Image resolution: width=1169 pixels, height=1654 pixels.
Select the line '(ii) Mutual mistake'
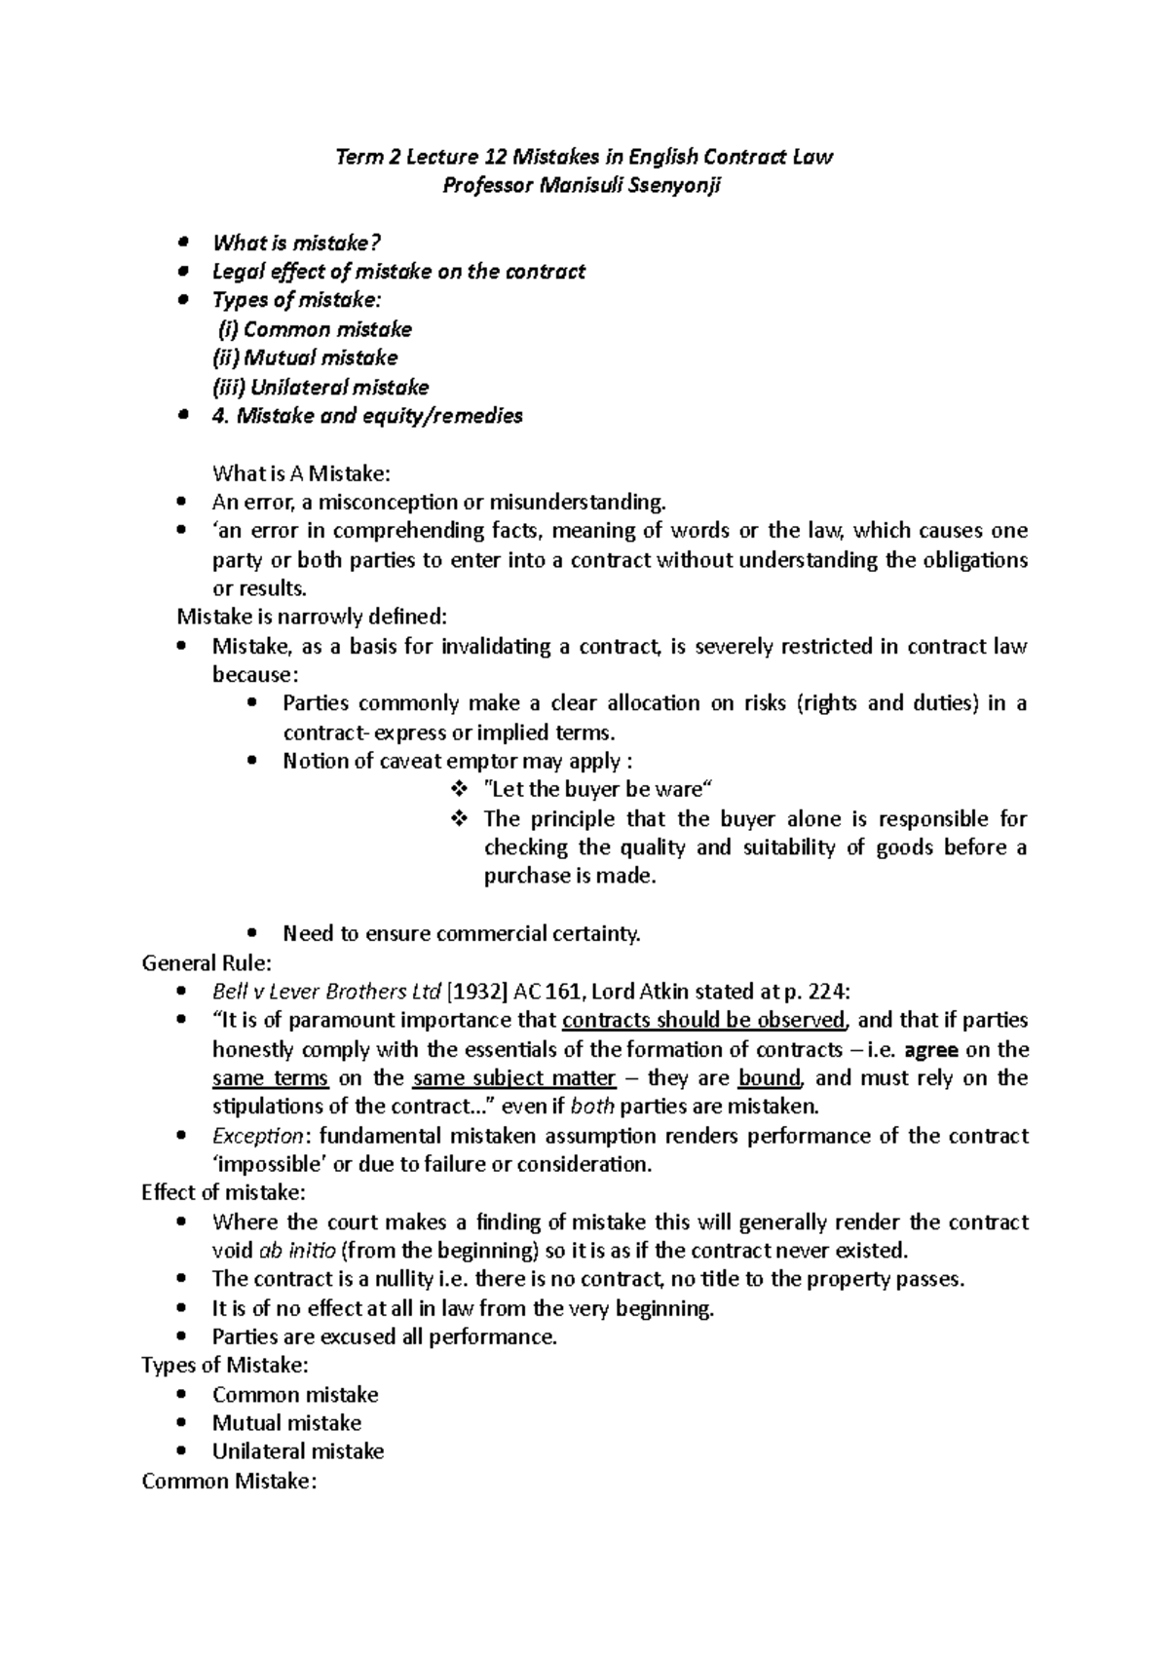[x=305, y=357]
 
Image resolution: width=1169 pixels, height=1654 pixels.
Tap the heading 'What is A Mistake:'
[x=301, y=473]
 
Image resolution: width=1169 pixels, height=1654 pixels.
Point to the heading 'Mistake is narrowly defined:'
[x=312, y=617]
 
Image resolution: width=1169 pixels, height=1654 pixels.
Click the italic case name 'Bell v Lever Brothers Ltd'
[x=326, y=992]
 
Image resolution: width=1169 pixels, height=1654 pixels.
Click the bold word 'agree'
[x=932, y=1049]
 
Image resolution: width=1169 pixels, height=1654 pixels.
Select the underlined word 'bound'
[x=770, y=1077]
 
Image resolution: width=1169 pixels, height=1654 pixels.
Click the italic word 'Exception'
[x=258, y=1136]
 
